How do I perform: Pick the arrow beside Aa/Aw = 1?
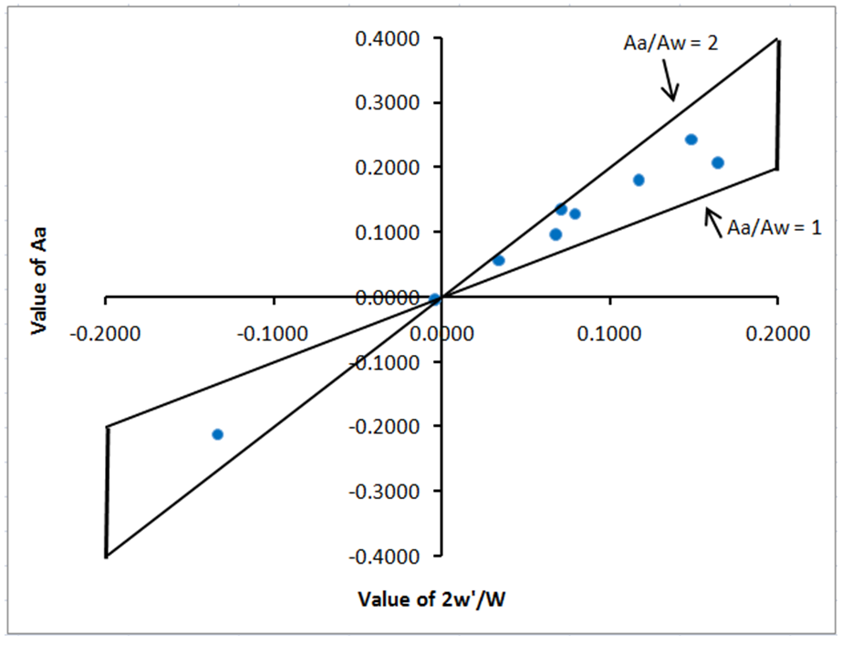point(714,220)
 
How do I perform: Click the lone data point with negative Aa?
point(217,434)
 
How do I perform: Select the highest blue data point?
point(691,140)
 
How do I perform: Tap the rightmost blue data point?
point(717,162)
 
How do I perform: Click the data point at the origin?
point(435,298)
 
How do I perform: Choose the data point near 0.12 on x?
point(639,180)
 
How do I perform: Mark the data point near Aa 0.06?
point(498,260)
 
